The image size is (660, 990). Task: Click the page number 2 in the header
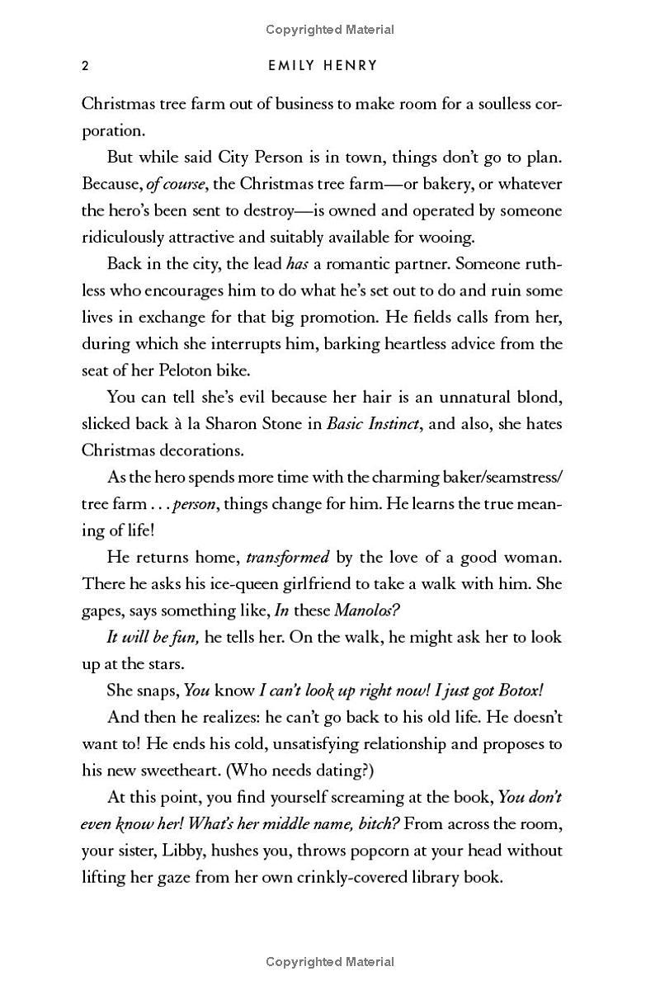tap(85, 67)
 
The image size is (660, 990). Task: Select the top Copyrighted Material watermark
tap(330, 30)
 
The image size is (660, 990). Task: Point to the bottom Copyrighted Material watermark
tap(330, 962)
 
